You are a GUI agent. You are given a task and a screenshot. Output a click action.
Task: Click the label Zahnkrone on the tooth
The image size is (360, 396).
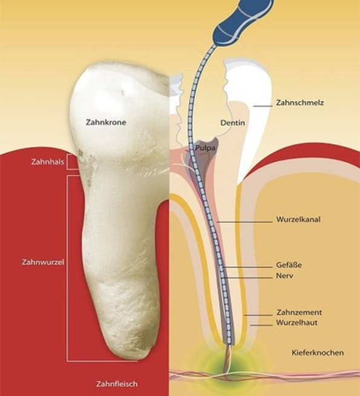click(106, 122)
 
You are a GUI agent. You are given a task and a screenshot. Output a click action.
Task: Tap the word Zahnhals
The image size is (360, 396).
click(47, 162)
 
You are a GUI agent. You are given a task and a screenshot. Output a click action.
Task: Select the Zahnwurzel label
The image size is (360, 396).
click(43, 262)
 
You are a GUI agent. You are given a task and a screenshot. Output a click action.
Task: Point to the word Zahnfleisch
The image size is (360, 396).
click(117, 384)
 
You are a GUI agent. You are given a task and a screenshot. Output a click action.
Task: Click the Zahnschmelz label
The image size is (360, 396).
click(300, 103)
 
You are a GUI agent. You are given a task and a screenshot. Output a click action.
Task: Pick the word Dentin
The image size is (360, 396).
click(232, 123)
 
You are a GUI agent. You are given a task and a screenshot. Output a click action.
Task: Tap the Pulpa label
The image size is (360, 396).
click(205, 148)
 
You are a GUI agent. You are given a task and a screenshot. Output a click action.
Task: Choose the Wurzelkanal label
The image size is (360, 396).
click(298, 219)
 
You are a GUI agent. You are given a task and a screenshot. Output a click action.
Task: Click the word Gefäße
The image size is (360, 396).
click(289, 265)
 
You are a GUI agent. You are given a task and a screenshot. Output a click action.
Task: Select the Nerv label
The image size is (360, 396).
click(284, 276)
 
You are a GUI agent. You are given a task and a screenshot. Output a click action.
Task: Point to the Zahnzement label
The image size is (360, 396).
click(299, 312)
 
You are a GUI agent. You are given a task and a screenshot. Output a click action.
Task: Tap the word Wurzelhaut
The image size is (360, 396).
click(296, 323)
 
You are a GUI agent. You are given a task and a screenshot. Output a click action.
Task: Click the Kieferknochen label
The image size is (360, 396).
click(318, 352)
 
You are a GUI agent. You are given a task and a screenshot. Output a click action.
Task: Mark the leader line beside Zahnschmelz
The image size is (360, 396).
click(263, 106)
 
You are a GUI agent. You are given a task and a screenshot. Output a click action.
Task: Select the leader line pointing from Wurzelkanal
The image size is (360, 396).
click(244, 222)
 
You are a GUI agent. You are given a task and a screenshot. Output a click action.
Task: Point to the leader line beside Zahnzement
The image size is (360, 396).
click(258, 315)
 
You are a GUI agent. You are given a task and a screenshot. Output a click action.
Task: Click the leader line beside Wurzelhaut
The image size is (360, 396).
click(261, 325)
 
